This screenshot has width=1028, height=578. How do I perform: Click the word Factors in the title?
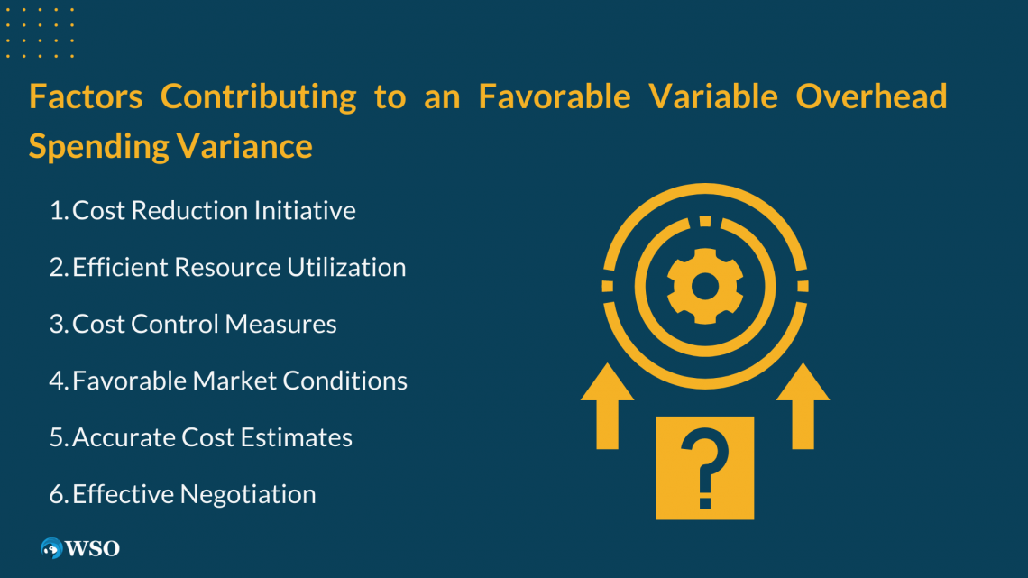(86, 96)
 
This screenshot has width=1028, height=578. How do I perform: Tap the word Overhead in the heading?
(871, 96)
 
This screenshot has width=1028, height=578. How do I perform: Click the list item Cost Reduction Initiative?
(214, 211)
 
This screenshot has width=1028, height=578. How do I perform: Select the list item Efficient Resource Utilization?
(239, 268)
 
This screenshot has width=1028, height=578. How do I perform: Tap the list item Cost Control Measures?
(205, 325)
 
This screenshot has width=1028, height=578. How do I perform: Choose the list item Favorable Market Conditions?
(240, 381)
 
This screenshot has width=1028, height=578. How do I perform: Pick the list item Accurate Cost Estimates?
(212, 438)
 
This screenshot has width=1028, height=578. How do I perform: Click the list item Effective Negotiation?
(194, 495)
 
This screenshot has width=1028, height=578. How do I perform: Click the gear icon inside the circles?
(704, 287)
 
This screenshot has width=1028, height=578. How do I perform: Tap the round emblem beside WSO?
(51, 548)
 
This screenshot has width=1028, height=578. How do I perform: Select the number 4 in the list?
(57, 381)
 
